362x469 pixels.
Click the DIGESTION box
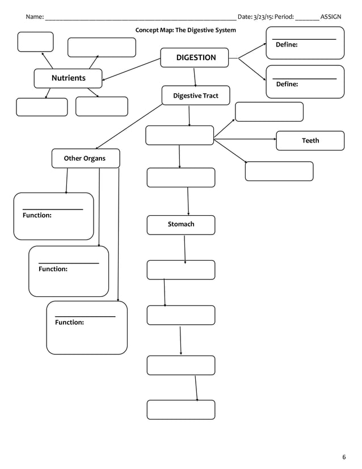click(x=196, y=57)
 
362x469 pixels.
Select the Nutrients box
click(x=68, y=78)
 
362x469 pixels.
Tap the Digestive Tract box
click(x=196, y=96)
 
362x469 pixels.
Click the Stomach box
click(x=181, y=225)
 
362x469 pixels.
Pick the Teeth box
click(x=310, y=141)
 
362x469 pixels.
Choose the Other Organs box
click(x=85, y=158)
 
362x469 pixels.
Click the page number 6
click(x=344, y=458)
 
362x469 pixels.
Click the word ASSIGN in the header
click(x=331, y=16)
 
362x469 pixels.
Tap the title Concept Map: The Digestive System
click(x=185, y=30)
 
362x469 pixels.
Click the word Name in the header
click(x=34, y=16)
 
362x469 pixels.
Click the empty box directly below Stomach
click(x=181, y=270)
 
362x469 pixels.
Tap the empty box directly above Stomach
click(x=181, y=178)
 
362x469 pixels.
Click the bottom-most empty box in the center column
click(x=181, y=409)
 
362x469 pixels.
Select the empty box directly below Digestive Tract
click(x=179, y=136)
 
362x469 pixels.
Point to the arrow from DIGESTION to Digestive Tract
click(x=195, y=77)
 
